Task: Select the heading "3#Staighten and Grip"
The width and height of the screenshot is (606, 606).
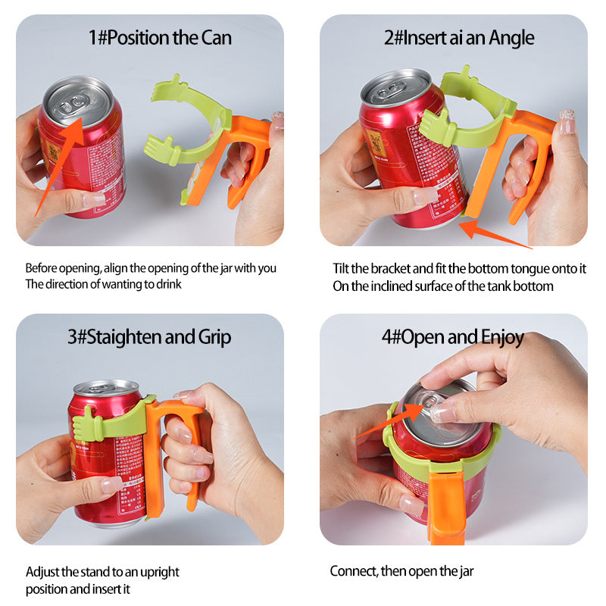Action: click(150, 336)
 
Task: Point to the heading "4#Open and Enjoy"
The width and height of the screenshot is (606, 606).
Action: click(453, 336)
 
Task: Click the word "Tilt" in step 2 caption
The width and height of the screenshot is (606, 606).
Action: click(342, 268)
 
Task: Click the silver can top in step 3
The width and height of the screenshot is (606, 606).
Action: click(106, 388)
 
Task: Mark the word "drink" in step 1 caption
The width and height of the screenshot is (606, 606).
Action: click(167, 285)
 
